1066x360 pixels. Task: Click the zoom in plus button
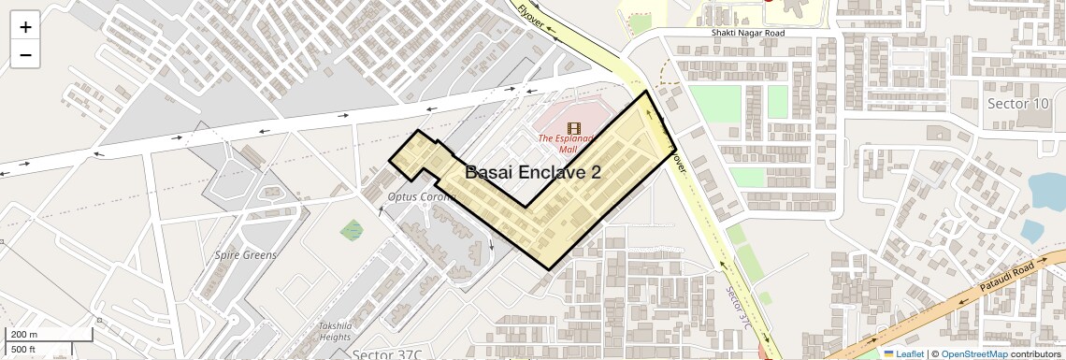click(25, 27)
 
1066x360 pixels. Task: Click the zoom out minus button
click(25, 54)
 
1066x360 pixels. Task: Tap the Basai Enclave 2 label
click(532, 172)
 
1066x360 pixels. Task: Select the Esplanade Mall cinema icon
click(572, 128)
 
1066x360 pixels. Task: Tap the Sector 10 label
click(1017, 104)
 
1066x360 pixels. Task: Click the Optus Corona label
click(420, 196)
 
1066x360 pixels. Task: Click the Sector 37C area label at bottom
click(387, 354)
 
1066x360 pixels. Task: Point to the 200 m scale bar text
click(24, 334)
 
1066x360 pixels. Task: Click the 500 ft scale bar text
click(23, 349)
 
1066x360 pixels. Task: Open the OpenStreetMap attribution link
click(973, 353)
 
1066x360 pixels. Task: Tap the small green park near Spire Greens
click(353, 229)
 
